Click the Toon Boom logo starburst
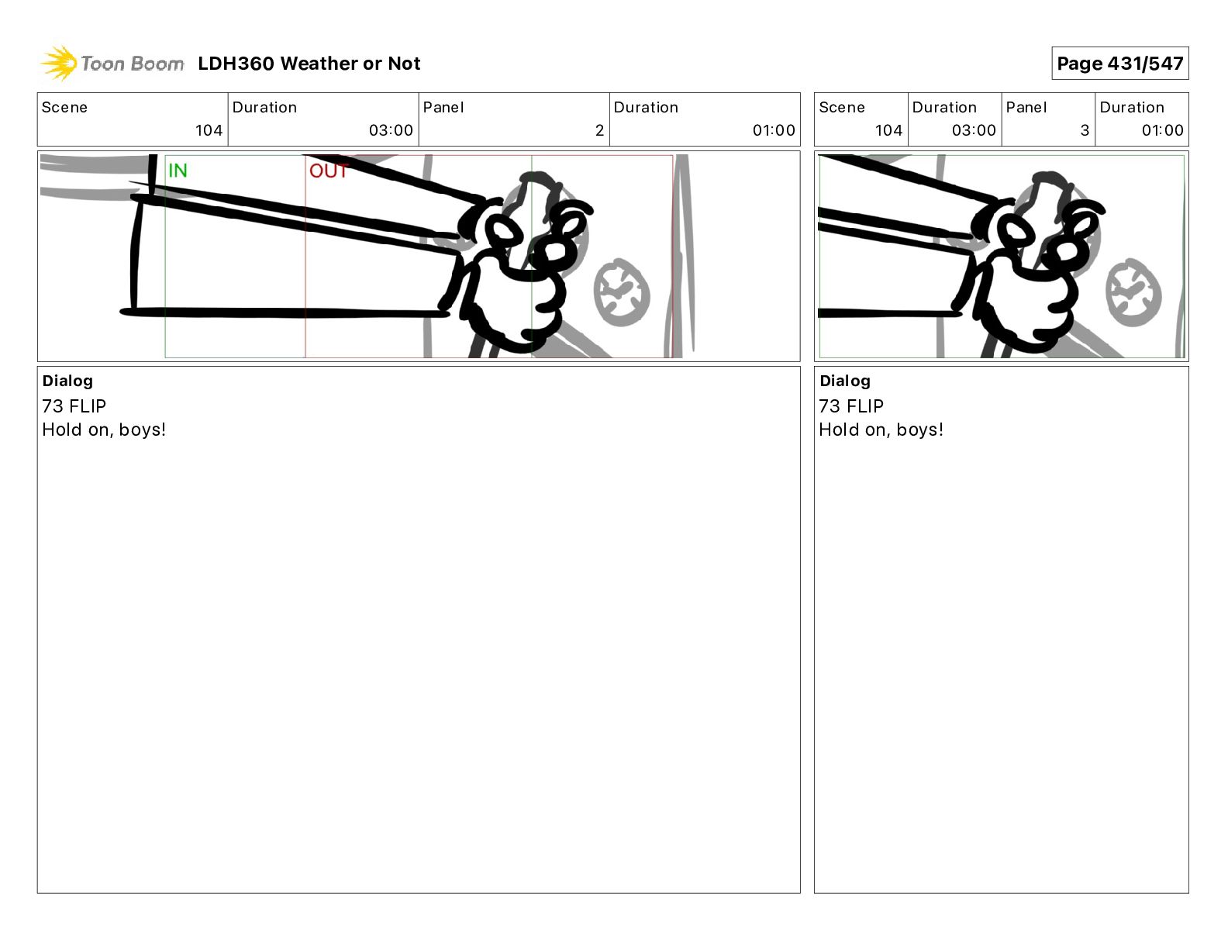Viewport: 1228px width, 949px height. pyautogui.click(x=59, y=63)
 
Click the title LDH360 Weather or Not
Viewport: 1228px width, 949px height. pyautogui.click(x=309, y=64)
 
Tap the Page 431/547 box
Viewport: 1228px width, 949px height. pyautogui.click(x=1119, y=64)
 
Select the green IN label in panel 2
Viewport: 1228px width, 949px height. pyautogui.click(x=178, y=170)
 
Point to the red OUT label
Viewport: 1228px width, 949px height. pyautogui.click(x=329, y=171)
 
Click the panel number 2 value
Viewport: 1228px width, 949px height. pyautogui.click(x=599, y=130)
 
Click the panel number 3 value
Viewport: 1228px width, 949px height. pyautogui.click(x=1085, y=130)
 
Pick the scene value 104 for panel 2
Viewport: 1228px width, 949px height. pyautogui.click(x=209, y=130)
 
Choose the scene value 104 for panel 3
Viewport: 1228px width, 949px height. pyautogui.click(x=888, y=130)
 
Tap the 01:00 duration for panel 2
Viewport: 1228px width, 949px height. pyautogui.click(x=774, y=130)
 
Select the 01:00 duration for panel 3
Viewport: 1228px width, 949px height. pyautogui.click(x=1162, y=130)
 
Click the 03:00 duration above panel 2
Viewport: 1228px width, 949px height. pyautogui.click(x=391, y=130)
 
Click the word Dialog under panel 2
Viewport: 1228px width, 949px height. pyautogui.click(x=67, y=381)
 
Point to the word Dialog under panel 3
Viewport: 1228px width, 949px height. pyautogui.click(x=845, y=381)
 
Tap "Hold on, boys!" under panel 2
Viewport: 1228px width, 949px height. pyautogui.click(x=104, y=430)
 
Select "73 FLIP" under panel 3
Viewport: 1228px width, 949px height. pyautogui.click(x=851, y=405)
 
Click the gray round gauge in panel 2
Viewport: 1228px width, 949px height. pyautogui.click(x=622, y=293)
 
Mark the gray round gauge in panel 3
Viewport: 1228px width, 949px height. pyautogui.click(x=1133, y=293)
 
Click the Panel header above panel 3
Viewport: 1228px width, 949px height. pyautogui.click(x=1026, y=108)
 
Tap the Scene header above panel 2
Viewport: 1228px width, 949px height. pyautogui.click(x=64, y=108)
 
